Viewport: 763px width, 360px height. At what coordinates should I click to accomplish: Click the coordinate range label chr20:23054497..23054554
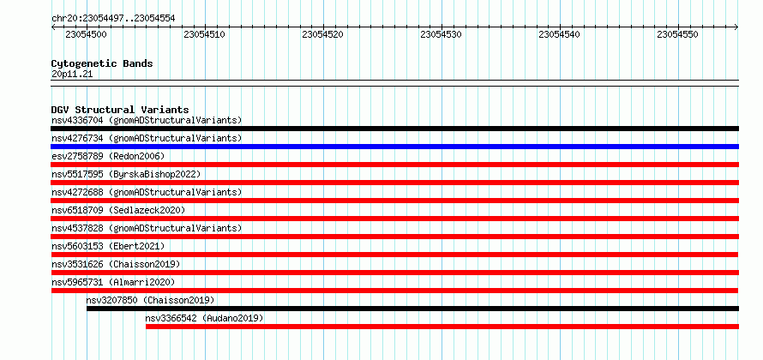113,19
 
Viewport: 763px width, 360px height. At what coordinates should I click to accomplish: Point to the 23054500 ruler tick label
86,34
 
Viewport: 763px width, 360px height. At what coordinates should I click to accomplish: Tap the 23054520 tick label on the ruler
322,34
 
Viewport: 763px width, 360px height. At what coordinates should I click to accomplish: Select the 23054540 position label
559,34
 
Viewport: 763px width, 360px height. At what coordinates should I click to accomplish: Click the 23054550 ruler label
677,34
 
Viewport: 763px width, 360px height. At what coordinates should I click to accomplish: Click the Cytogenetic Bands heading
102,63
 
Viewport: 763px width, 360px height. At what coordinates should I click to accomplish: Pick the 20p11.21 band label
72,75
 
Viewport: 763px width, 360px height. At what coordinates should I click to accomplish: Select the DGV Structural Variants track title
120,110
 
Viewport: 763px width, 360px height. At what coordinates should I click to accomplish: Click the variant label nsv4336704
77,120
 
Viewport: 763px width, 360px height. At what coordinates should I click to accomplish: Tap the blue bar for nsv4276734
394,147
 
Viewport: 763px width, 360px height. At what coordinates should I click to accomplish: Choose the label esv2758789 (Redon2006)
108,156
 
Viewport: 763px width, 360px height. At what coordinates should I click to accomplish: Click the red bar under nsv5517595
394,183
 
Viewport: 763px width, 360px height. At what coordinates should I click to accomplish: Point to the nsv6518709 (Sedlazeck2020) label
118,210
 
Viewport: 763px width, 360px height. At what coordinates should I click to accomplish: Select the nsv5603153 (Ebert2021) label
108,246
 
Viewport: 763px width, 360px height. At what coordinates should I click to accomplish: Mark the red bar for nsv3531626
394,273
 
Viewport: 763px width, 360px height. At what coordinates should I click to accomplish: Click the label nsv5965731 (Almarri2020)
113,282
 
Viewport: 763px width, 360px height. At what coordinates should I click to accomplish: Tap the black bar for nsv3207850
412,309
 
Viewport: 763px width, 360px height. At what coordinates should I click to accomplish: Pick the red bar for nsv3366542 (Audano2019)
442,327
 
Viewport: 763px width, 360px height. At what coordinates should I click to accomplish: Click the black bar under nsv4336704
394,129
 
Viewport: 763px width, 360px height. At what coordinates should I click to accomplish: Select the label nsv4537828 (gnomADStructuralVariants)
147,228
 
